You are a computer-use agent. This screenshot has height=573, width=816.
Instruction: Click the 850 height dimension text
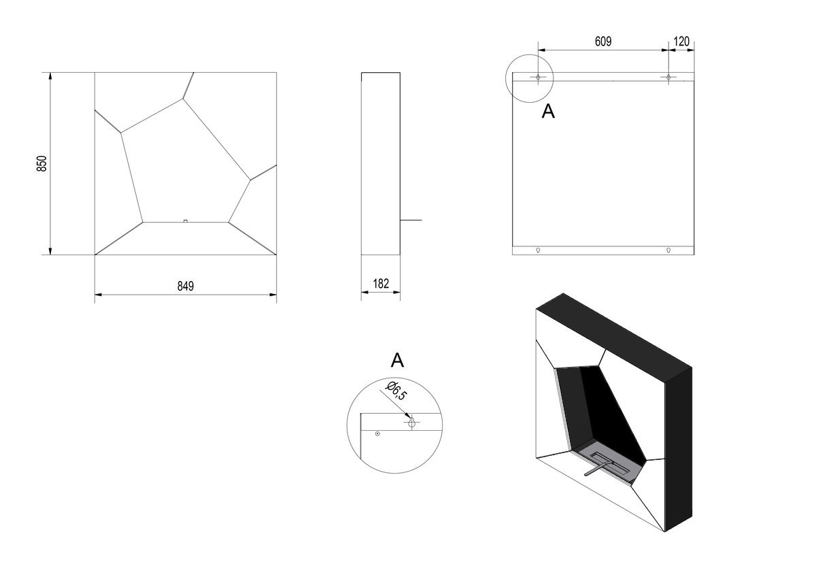click(x=42, y=163)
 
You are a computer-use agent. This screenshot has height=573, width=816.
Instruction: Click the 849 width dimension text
click(x=186, y=286)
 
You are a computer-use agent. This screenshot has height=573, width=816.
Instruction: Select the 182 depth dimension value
click(x=381, y=284)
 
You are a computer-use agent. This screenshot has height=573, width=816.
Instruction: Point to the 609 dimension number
click(x=603, y=42)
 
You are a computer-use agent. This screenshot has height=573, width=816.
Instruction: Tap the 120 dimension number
click(x=681, y=42)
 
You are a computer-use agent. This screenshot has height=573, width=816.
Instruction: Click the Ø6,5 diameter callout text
click(x=396, y=391)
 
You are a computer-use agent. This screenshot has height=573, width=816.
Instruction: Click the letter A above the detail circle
click(x=397, y=360)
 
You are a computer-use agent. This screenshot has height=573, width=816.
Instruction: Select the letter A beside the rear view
click(x=548, y=111)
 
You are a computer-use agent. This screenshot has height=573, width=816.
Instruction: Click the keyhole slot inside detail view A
click(x=411, y=422)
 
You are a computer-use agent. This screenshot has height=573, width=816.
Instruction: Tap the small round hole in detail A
click(x=377, y=433)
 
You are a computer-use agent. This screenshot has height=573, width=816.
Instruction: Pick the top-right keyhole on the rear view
click(x=668, y=78)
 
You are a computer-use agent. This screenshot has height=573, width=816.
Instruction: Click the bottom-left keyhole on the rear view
click(x=538, y=250)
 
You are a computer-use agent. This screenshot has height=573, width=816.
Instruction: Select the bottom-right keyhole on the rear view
click(x=668, y=250)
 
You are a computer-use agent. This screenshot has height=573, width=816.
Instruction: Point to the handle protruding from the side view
click(x=411, y=220)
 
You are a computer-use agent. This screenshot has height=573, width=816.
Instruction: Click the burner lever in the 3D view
click(x=598, y=469)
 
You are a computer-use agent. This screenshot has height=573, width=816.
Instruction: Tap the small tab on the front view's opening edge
click(x=186, y=221)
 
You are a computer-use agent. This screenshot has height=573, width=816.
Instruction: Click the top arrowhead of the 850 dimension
click(x=50, y=76)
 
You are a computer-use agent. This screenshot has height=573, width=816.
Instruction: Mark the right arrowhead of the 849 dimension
click(x=273, y=295)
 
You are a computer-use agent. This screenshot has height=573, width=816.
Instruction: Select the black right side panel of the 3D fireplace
click(x=679, y=449)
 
